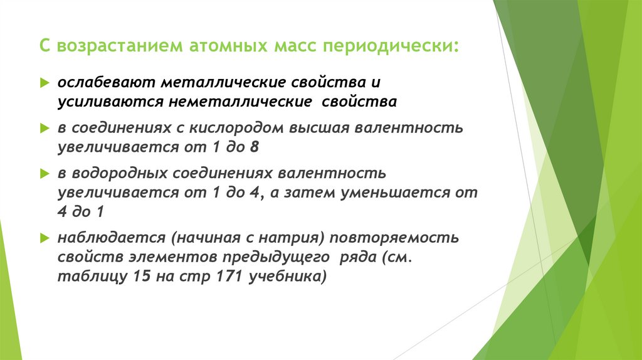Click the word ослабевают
[106, 83]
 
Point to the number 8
[254, 147]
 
